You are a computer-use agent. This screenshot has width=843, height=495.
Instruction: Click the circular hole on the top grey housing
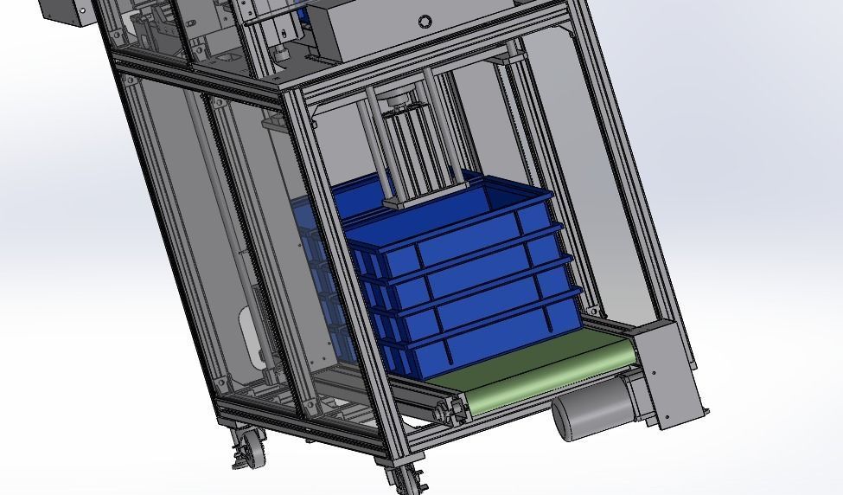[424, 22]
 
